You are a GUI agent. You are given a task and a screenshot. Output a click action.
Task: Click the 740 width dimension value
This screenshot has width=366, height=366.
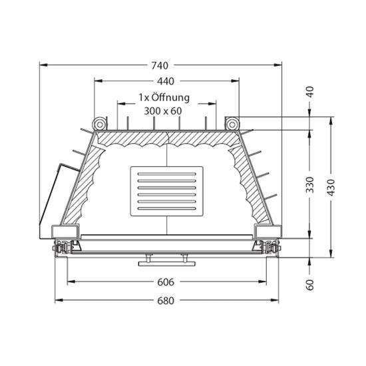pyautogui.click(x=160, y=66)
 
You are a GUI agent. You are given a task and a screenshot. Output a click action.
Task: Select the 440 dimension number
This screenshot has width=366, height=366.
pyautogui.click(x=166, y=81)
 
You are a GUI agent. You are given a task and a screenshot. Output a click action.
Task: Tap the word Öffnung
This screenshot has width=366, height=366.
pyautogui.click(x=170, y=97)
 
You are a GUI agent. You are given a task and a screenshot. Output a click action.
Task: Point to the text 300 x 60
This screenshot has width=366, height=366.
pyautogui.click(x=162, y=111)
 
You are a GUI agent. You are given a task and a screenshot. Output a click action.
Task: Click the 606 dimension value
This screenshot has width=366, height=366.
pyautogui.click(x=166, y=282)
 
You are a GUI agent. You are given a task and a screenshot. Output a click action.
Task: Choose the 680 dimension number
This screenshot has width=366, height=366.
pyautogui.click(x=166, y=301)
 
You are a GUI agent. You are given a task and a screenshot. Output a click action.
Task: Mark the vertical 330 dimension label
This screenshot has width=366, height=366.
pyautogui.click(x=310, y=185)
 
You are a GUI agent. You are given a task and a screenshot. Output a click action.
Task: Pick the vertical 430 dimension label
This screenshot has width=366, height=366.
pyautogui.click(x=331, y=188)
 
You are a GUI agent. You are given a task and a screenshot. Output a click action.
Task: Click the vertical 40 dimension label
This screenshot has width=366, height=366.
pyautogui.click(x=310, y=92)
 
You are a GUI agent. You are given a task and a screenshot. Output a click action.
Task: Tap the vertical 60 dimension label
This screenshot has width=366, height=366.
pyautogui.click(x=310, y=285)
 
